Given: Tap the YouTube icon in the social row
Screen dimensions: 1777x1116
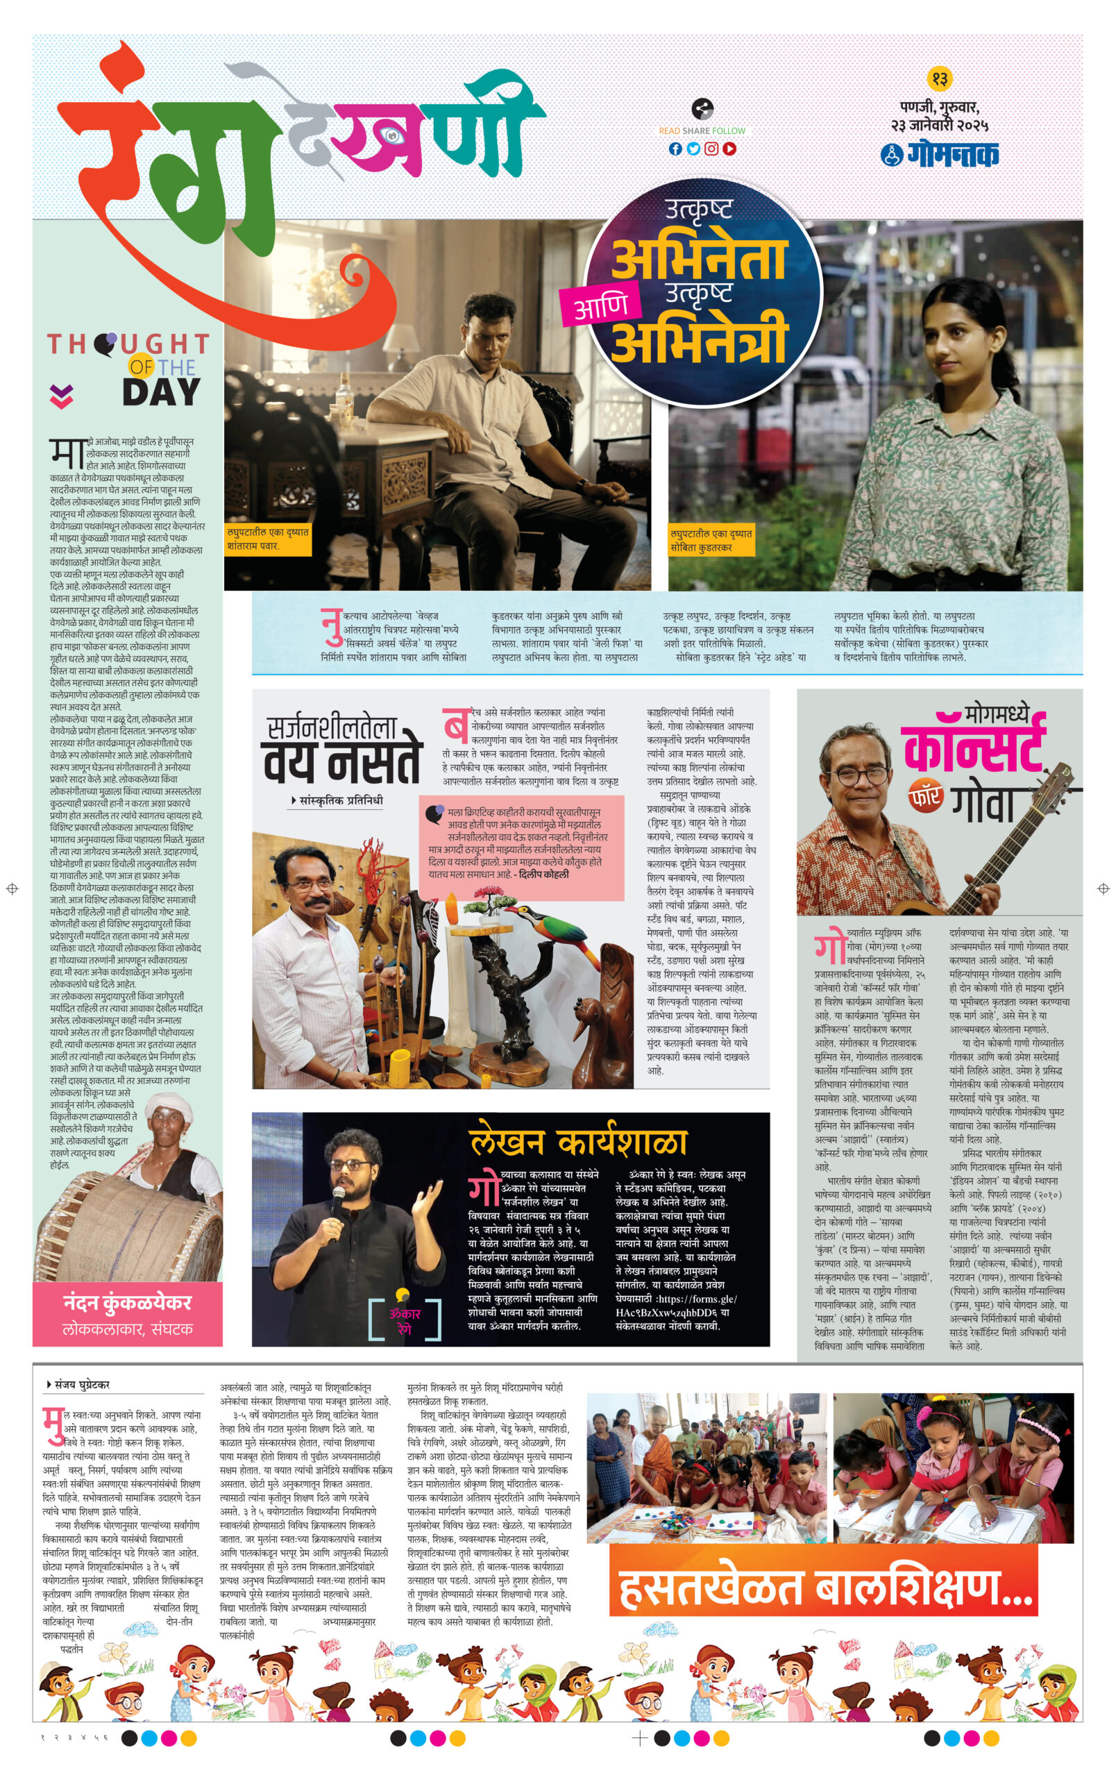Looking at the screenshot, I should click(x=729, y=149).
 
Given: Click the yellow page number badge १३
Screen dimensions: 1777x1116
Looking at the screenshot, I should click(x=939, y=78).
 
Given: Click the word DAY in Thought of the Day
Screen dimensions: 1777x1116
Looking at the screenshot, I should click(x=161, y=393).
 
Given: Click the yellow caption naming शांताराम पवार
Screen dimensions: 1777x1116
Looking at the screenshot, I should click(x=268, y=539).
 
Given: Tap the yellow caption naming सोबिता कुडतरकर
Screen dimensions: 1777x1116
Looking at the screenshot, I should click(x=710, y=539).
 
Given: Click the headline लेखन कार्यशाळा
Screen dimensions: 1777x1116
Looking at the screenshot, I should click(x=577, y=1143).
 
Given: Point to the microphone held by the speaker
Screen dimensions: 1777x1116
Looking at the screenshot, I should click(x=338, y=1199).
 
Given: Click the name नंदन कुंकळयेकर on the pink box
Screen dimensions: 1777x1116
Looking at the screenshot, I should click(x=127, y=1302).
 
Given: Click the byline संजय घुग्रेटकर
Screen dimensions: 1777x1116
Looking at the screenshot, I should click(x=81, y=1384).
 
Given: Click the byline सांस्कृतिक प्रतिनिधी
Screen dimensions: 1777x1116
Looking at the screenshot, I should click(x=340, y=800).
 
